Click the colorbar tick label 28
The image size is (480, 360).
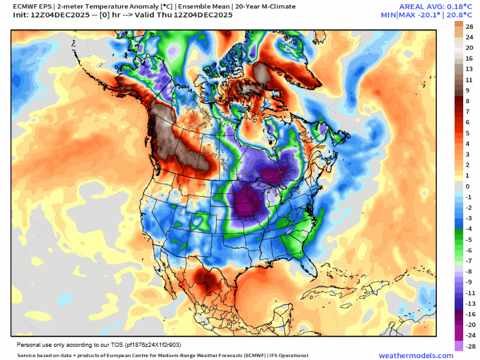[469, 26]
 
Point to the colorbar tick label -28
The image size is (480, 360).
[470, 346]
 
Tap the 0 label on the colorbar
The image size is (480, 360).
[467, 187]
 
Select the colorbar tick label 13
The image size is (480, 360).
[469, 69]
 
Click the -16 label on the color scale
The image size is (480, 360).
[470, 314]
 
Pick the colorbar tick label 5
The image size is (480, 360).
[467, 133]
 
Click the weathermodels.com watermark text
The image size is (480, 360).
[416, 356]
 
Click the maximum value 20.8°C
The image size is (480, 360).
[460, 14]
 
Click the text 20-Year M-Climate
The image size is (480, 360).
[266, 7]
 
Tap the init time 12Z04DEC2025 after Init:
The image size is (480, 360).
[60, 15]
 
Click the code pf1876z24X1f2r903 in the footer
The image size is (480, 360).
[153, 345]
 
